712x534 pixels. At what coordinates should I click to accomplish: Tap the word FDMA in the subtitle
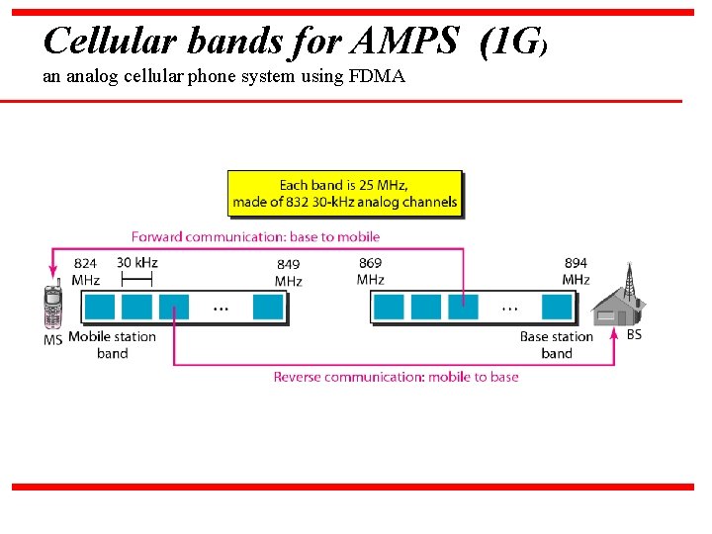377,75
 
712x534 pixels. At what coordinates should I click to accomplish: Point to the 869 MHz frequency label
371,271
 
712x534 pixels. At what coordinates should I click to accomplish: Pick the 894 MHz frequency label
576,271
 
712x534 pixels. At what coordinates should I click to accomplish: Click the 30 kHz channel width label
136,263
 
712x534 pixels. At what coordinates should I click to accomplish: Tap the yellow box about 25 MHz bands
345,194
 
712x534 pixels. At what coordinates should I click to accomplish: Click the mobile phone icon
52,308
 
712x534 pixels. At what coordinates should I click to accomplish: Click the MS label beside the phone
52,340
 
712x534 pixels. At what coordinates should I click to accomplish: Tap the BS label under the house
634,335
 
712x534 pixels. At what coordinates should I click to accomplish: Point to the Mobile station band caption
112,345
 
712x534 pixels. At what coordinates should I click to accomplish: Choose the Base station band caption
556,345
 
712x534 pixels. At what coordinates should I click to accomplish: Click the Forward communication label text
255,237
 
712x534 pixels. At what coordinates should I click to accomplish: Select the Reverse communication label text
396,377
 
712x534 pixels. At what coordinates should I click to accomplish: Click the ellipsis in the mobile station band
221,308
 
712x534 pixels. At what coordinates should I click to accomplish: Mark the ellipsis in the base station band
510,308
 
